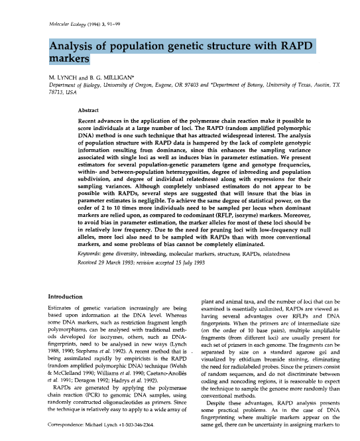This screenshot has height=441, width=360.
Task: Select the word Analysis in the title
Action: click(x=76, y=47)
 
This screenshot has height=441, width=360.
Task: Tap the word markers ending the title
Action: click(x=70, y=60)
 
